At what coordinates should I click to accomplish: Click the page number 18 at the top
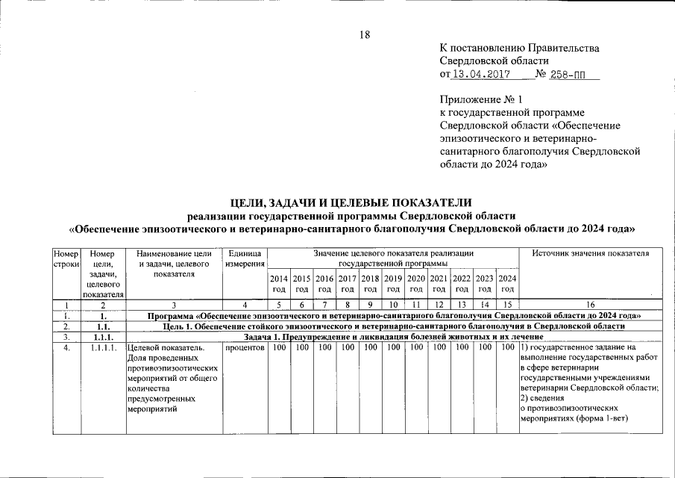pyautogui.click(x=365, y=34)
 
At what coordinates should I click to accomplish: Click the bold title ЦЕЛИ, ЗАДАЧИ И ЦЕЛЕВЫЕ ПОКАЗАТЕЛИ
pyautogui.click(x=351, y=202)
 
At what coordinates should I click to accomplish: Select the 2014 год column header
pyautogui.click(x=279, y=284)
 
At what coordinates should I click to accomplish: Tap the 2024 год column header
pyautogui.click(x=507, y=284)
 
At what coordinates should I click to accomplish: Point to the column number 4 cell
pyautogui.click(x=245, y=305)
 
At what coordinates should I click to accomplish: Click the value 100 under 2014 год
pyautogui.click(x=279, y=347)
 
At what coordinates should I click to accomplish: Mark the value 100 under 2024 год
pyautogui.click(x=507, y=347)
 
